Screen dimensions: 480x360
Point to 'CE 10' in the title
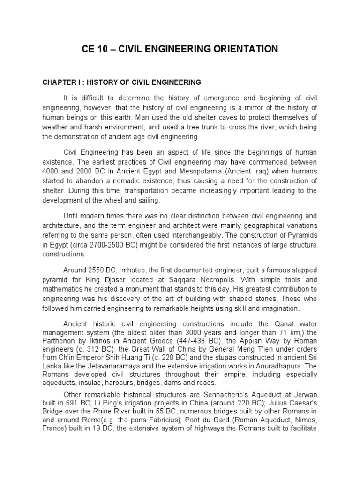click(x=94, y=49)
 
